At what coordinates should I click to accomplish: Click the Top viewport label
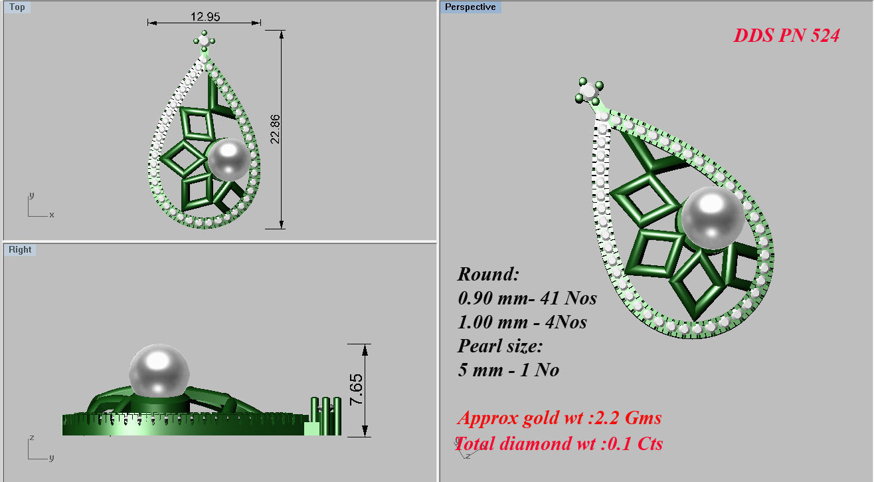18,7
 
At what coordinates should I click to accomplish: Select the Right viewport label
20,250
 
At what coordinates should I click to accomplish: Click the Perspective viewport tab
470,7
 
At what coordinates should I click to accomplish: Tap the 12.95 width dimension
204,16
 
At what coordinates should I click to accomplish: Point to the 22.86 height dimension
275,129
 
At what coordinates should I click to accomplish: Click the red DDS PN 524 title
786,36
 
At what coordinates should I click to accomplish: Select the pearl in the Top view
228,160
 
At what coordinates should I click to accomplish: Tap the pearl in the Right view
159,372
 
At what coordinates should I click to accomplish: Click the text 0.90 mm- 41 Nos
527,299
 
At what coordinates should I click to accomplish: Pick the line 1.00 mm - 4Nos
522,322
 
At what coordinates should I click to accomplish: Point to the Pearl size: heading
500,346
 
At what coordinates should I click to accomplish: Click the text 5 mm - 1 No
508,370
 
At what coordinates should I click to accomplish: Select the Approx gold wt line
559,418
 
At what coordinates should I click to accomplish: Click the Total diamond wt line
559,443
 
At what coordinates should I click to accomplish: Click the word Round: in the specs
488,275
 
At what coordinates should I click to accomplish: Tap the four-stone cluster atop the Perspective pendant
588,91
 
